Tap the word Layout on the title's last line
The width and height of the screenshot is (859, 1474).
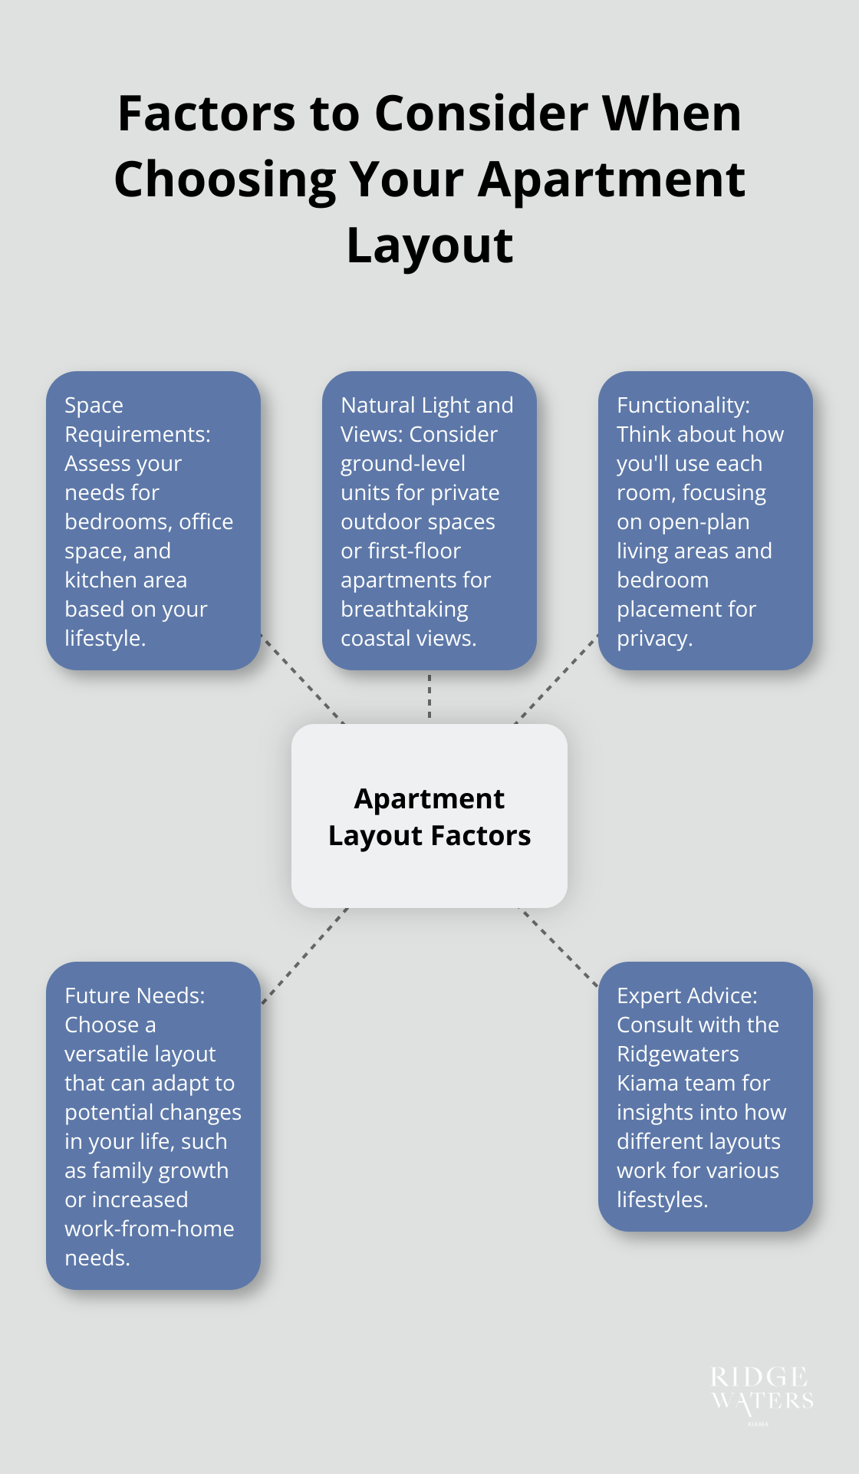click(429, 246)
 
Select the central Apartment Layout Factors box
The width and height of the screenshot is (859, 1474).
click(429, 816)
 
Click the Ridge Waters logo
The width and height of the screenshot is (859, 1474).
click(762, 1391)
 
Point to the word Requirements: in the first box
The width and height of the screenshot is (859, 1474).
click(137, 435)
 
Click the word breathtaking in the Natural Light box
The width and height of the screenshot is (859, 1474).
click(404, 610)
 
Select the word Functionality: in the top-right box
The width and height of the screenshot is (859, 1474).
click(683, 406)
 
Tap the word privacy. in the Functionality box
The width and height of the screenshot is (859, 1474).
click(654, 639)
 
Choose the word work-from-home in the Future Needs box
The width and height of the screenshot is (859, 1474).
click(149, 1229)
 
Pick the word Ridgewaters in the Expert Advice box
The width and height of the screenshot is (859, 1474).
click(677, 1055)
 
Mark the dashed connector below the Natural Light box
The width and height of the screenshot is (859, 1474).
click(429, 696)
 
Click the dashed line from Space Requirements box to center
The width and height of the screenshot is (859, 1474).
click(302, 679)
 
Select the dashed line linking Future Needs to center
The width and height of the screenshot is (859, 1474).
click(304, 956)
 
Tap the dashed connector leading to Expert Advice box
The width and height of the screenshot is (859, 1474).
click(558, 947)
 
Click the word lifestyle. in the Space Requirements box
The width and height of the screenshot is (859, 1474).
click(105, 639)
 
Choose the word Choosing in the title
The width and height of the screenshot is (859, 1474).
click(225, 180)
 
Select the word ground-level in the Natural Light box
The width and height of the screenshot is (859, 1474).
click(403, 464)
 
